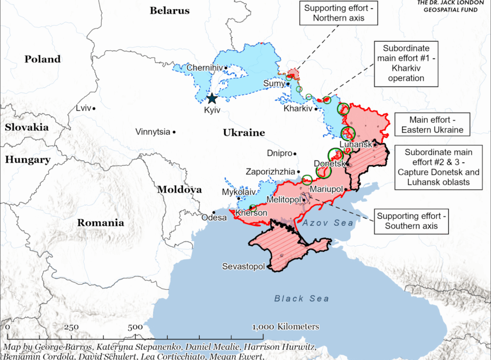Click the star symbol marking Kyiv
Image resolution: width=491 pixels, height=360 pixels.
(x=212, y=98)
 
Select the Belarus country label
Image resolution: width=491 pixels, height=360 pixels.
(x=169, y=10)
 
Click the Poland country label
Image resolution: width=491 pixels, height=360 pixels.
(x=42, y=59)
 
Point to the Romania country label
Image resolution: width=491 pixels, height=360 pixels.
(x=100, y=223)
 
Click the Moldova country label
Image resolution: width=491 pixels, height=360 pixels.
(x=179, y=189)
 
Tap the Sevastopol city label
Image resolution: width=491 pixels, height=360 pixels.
(x=243, y=267)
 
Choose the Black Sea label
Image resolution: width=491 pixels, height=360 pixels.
(x=301, y=298)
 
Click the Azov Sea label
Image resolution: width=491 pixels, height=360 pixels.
(x=328, y=223)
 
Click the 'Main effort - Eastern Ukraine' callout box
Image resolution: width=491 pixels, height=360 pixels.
(x=432, y=125)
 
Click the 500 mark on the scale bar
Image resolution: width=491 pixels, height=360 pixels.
(x=135, y=327)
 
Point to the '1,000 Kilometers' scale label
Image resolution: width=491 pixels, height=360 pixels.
(x=285, y=326)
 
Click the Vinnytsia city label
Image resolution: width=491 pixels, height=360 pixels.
(x=152, y=132)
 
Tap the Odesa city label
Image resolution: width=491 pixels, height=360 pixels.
(x=215, y=217)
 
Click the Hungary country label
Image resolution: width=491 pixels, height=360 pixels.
(x=28, y=160)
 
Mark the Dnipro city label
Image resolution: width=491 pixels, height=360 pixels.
(x=280, y=153)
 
